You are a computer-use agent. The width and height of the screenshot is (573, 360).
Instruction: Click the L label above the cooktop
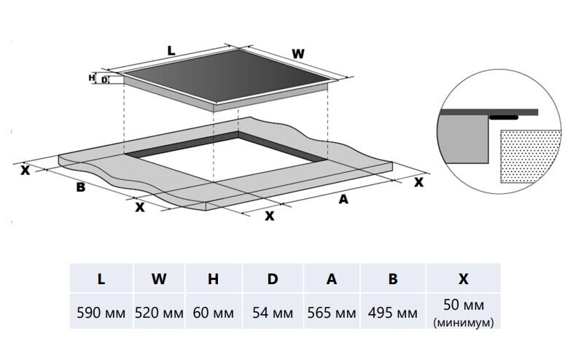[171, 50]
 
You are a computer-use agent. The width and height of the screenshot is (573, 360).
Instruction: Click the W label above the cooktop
[297, 53]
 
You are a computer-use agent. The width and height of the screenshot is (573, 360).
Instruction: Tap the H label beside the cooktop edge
[92, 77]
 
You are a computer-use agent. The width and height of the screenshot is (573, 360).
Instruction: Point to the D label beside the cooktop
[104, 79]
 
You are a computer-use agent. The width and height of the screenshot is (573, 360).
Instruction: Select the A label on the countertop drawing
[343, 199]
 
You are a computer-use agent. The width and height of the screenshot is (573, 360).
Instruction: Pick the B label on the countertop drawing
[82, 187]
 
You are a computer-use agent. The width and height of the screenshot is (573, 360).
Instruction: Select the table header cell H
[213, 279]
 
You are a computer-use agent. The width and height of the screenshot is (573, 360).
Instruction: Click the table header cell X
[463, 279]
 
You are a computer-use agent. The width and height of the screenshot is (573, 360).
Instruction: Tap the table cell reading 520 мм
[158, 313]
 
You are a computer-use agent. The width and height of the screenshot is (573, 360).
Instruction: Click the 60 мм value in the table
[213, 313]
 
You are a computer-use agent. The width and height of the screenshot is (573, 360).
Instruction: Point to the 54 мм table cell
[272, 313]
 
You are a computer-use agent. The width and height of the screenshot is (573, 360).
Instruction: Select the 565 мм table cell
[332, 313]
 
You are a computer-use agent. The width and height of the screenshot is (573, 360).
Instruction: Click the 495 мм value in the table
[394, 313]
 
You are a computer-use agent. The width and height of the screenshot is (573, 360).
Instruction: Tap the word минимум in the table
[463, 321]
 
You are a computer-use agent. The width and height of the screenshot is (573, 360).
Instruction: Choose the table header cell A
[332, 279]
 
